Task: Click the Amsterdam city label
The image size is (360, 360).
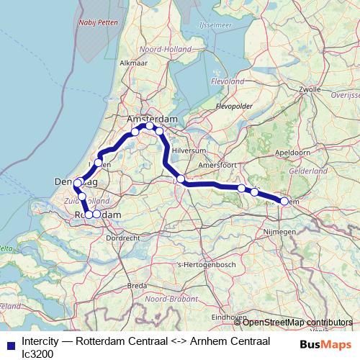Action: [152, 118]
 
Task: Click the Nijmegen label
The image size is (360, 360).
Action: [281, 232]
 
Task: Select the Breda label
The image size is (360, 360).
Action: [137, 285]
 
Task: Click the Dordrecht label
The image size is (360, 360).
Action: [122, 237]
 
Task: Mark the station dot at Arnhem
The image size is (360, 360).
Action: [284, 202]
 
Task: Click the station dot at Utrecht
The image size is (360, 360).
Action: [181, 179]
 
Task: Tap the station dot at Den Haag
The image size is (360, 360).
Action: [77, 184]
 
